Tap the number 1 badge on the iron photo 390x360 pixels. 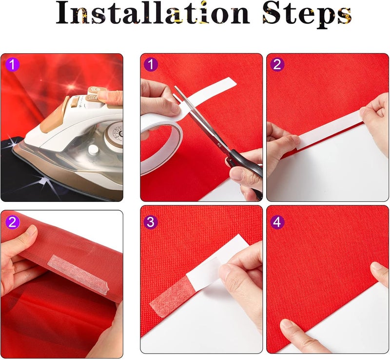pos(13,65)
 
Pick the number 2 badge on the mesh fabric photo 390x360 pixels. pos(13,222)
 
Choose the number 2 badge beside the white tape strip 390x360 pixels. pos(278,64)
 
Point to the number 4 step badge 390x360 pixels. pos(278,222)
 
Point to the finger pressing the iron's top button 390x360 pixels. pos(111,97)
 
